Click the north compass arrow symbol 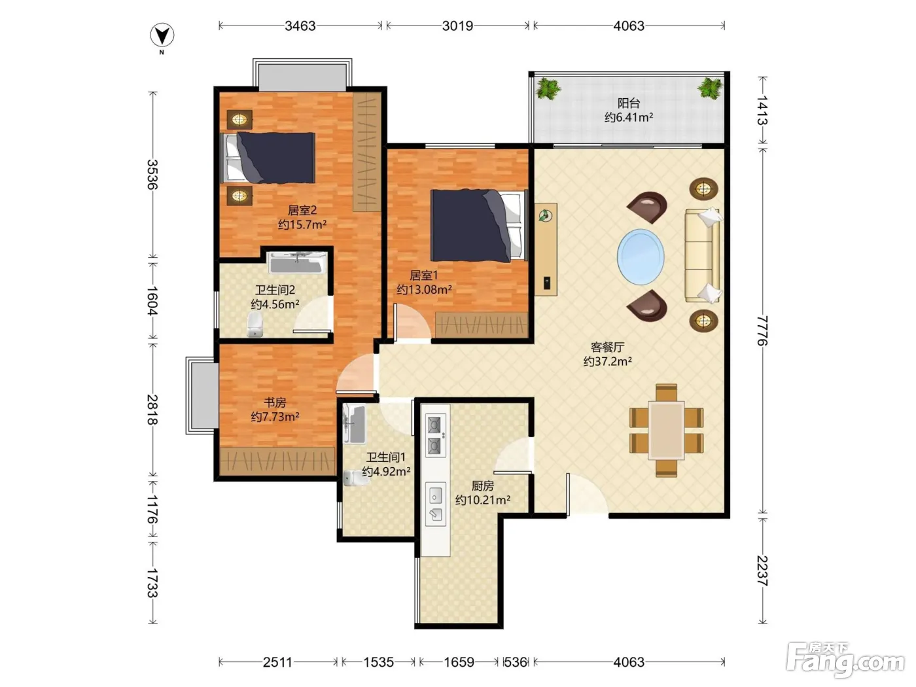pyautogui.click(x=162, y=35)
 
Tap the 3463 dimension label pyautogui.click(x=300, y=26)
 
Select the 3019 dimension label pyautogui.click(x=457, y=26)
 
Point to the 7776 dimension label pyautogui.click(x=762, y=330)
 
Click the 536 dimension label pyautogui.click(x=516, y=662)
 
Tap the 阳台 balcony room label pyautogui.click(x=629, y=103)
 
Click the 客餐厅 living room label pyautogui.click(x=608, y=347)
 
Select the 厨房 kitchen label pyautogui.click(x=482, y=485)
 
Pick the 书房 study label pyautogui.click(x=275, y=402)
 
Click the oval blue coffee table pyautogui.click(x=641, y=257)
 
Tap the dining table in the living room pyautogui.click(x=666, y=430)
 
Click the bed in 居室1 pyautogui.click(x=479, y=226)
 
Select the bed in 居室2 pyautogui.click(x=268, y=158)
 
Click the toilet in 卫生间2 pyautogui.click(x=255, y=324)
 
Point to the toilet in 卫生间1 pyautogui.click(x=357, y=478)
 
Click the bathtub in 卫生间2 pyautogui.click(x=297, y=262)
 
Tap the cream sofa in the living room pyautogui.click(x=703, y=255)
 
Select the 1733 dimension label pyautogui.click(x=152, y=583)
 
